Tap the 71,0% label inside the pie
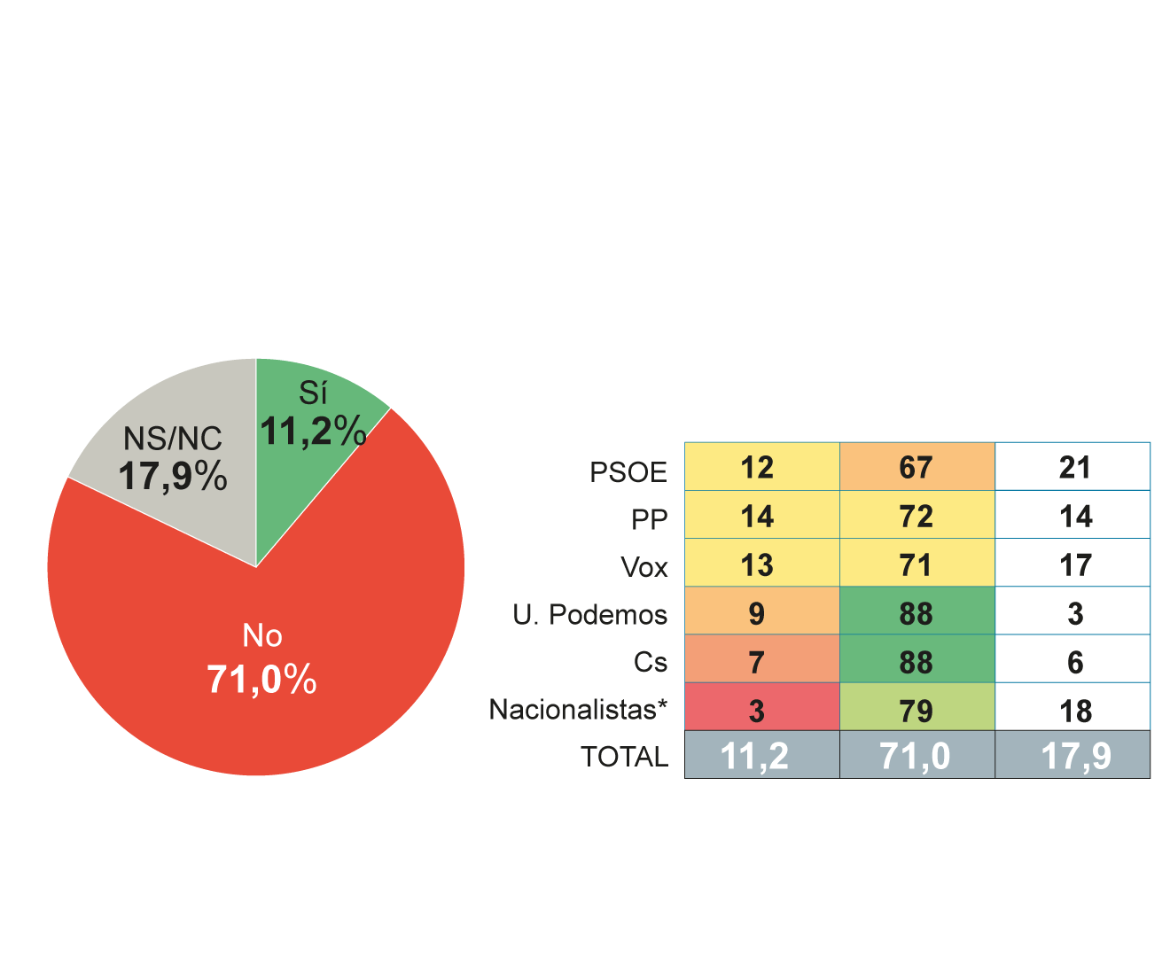tap(261, 680)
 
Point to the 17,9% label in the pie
tap(173, 477)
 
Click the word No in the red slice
tap(262, 635)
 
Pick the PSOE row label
tap(628, 472)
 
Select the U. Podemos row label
tap(589, 614)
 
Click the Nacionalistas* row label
tap(578, 709)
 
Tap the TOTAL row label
tap(624, 757)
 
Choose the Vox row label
tap(644, 567)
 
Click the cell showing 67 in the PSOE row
tap(916, 467)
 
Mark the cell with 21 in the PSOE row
tap(1072, 467)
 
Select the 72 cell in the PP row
tap(916, 516)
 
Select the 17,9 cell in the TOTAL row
tap(1072, 756)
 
